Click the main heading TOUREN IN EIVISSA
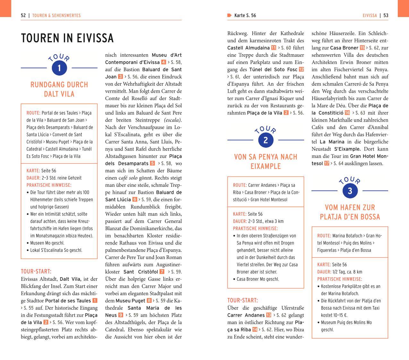coord(67,38)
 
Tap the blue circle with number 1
coord(59,68)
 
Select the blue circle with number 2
coord(266,140)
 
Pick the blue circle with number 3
coord(350,191)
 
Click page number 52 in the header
coord(23,15)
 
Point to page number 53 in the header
coord(386,15)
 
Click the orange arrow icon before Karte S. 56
coord(229,15)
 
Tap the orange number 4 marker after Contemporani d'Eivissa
coord(164,62)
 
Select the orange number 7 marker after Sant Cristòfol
coord(162,272)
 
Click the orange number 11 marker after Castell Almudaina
coord(274,48)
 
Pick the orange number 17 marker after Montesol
coord(327,164)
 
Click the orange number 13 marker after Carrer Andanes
coord(268,315)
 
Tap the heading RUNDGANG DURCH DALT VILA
coord(59,89)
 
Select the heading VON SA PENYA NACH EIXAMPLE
coord(266,161)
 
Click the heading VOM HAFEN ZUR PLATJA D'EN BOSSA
coord(350,212)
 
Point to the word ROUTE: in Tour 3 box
coord(324,236)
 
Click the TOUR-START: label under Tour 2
coord(243,301)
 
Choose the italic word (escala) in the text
coord(173,120)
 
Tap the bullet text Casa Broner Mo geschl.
coord(258,279)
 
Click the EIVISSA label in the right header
coord(370,15)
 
